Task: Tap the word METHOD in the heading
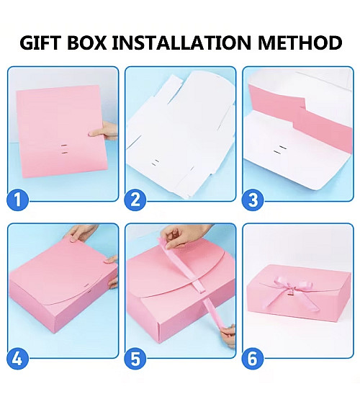(x=300, y=43)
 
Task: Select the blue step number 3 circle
(x=252, y=199)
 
